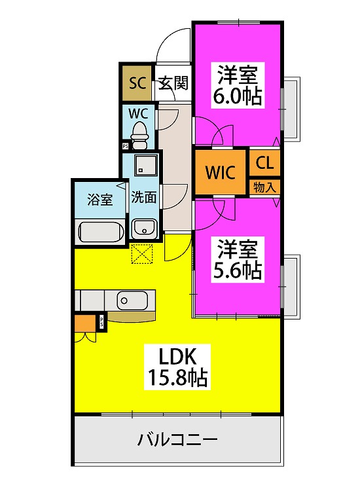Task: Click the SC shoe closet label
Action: [x=136, y=83]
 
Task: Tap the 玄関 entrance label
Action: [x=173, y=83]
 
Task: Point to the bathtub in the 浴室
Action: [x=100, y=232]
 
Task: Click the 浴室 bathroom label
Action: [x=99, y=199]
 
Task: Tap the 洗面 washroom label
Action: [x=143, y=197]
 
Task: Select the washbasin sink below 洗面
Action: [x=143, y=228]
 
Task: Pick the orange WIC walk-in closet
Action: [x=221, y=173]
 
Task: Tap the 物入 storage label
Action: [x=265, y=187]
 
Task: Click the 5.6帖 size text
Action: [x=237, y=270]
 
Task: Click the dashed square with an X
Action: [x=142, y=253]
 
